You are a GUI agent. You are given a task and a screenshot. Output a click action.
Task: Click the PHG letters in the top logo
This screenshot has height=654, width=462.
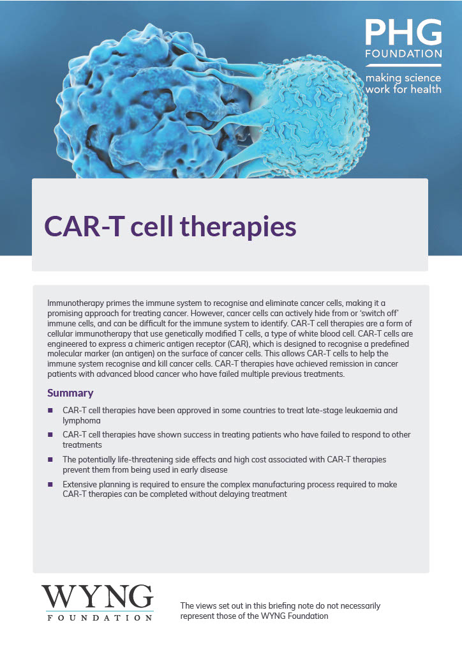(x=403, y=32)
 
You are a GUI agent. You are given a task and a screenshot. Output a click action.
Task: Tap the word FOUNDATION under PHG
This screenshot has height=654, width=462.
(x=403, y=54)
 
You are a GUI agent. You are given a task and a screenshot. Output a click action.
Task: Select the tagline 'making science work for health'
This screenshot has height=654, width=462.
(x=403, y=84)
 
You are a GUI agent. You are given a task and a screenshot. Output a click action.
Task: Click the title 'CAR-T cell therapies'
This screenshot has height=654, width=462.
(x=170, y=227)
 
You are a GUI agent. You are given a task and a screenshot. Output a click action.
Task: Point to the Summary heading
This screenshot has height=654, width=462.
(x=70, y=393)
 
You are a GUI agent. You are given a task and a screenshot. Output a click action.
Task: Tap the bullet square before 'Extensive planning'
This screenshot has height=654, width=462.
(x=50, y=484)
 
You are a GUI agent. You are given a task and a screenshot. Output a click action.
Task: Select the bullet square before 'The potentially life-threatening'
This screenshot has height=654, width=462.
(x=50, y=459)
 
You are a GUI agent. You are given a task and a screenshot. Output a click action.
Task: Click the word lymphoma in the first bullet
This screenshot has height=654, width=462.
(x=82, y=421)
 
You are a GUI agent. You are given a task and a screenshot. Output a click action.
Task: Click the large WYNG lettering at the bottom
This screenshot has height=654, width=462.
(x=98, y=597)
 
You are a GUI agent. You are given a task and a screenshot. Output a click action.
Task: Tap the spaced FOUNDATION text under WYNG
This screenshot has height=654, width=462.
(x=100, y=618)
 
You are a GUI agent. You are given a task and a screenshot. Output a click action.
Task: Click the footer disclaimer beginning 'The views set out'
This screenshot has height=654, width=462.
(x=280, y=611)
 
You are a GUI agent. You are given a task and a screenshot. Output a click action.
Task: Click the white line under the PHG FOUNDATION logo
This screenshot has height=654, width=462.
(x=403, y=66)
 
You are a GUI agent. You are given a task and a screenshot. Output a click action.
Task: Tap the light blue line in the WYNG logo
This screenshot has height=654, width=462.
(x=98, y=611)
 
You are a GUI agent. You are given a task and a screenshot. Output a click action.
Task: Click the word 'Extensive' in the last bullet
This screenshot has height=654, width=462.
(x=80, y=484)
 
